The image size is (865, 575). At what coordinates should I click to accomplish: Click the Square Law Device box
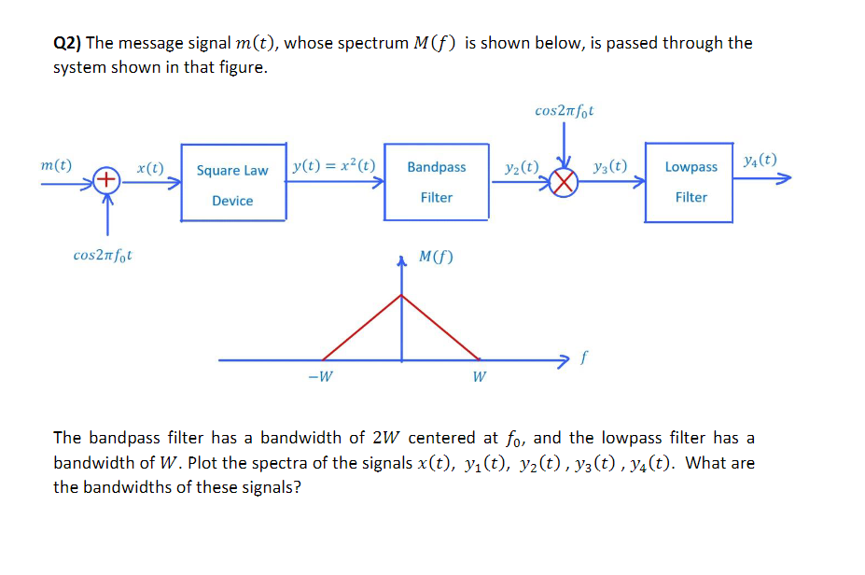pos(232,183)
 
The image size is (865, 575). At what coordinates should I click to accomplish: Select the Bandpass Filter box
pos(436,182)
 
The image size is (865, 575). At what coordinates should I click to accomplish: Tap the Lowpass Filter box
pos(691,182)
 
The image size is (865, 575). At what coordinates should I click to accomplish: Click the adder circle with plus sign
pos(107,179)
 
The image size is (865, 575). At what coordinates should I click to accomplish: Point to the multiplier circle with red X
pos(563,182)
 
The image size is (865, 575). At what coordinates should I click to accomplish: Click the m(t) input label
pos(57,165)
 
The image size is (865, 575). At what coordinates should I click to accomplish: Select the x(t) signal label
pos(150,168)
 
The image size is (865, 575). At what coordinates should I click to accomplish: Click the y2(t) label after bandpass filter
pos(521,168)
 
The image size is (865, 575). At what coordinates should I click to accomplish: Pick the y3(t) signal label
pos(609,168)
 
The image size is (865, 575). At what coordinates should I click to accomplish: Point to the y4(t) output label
pos(760,160)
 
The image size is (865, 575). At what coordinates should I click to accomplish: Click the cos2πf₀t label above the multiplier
pos(565,111)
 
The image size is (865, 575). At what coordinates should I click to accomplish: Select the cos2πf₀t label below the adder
pos(103,255)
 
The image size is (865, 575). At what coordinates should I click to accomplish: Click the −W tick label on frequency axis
pos(321,377)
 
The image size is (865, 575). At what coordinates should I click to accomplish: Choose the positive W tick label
pos(479,377)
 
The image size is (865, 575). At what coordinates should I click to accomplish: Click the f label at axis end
pos(585,356)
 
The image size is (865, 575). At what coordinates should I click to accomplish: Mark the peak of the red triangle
pos(402,295)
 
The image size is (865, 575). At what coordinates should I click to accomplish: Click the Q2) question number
pos(67,43)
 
